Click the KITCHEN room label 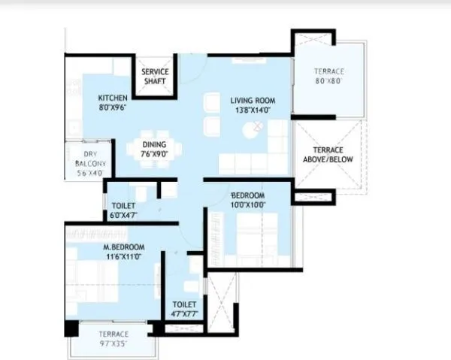pyautogui.click(x=114, y=98)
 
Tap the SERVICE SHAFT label pyautogui.click(x=156, y=77)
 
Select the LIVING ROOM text pyautogui.click(x=252, y=100)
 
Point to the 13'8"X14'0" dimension pyautogui.click(x=252, y=110)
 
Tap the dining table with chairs pyautogui.click(x=154, y=146)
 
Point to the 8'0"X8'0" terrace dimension pyautogui.click(x=329, y=82)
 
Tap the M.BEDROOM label pyautogui.click(x=124, y=247)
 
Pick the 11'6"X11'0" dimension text pyautogui.click(x=124, y=257)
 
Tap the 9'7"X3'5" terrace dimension pyautogui.click(x=113, y=343)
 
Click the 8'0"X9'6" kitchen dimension pyautogui.click(x=114, y=107)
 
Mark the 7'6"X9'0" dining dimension pyautogui.click(x=155, y=156)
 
